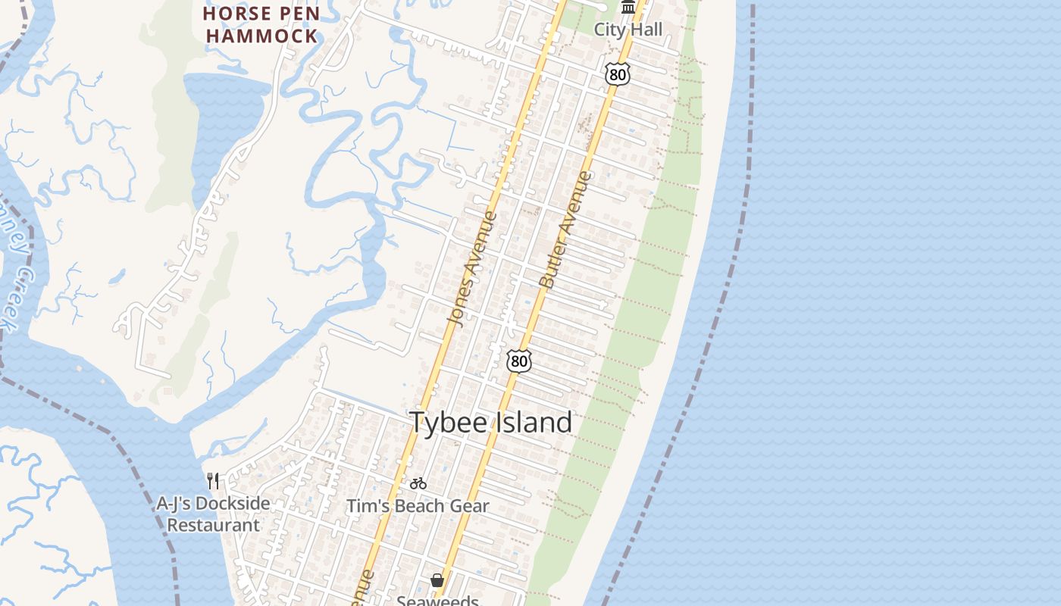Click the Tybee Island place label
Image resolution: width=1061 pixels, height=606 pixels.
(490, 423)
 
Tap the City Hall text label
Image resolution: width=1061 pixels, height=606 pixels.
(628, 30)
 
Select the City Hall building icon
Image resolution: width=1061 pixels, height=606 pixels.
(628, 8)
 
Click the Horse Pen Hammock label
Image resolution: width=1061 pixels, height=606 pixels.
(261, 24)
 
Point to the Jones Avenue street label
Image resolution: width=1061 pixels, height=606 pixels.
(473, 270)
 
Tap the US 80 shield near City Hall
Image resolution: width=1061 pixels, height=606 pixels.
(618, 73)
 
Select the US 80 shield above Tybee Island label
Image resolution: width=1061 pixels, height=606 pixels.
(518, 361)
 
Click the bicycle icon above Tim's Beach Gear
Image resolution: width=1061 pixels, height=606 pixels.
(418, 483)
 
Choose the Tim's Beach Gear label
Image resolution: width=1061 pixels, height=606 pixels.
(418, 506)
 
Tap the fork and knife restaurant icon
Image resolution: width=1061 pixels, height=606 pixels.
(213, 480)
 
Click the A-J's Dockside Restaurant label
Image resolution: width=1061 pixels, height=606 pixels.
(213, 514)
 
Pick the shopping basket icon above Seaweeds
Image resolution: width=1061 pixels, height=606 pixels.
(437, 580)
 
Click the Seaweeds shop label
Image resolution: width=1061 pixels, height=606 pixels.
(437, 601)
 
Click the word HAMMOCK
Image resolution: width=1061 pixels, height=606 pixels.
(261, 36)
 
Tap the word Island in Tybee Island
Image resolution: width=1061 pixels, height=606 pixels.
(534, 423)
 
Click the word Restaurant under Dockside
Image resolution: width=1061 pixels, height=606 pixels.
(213, 525)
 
